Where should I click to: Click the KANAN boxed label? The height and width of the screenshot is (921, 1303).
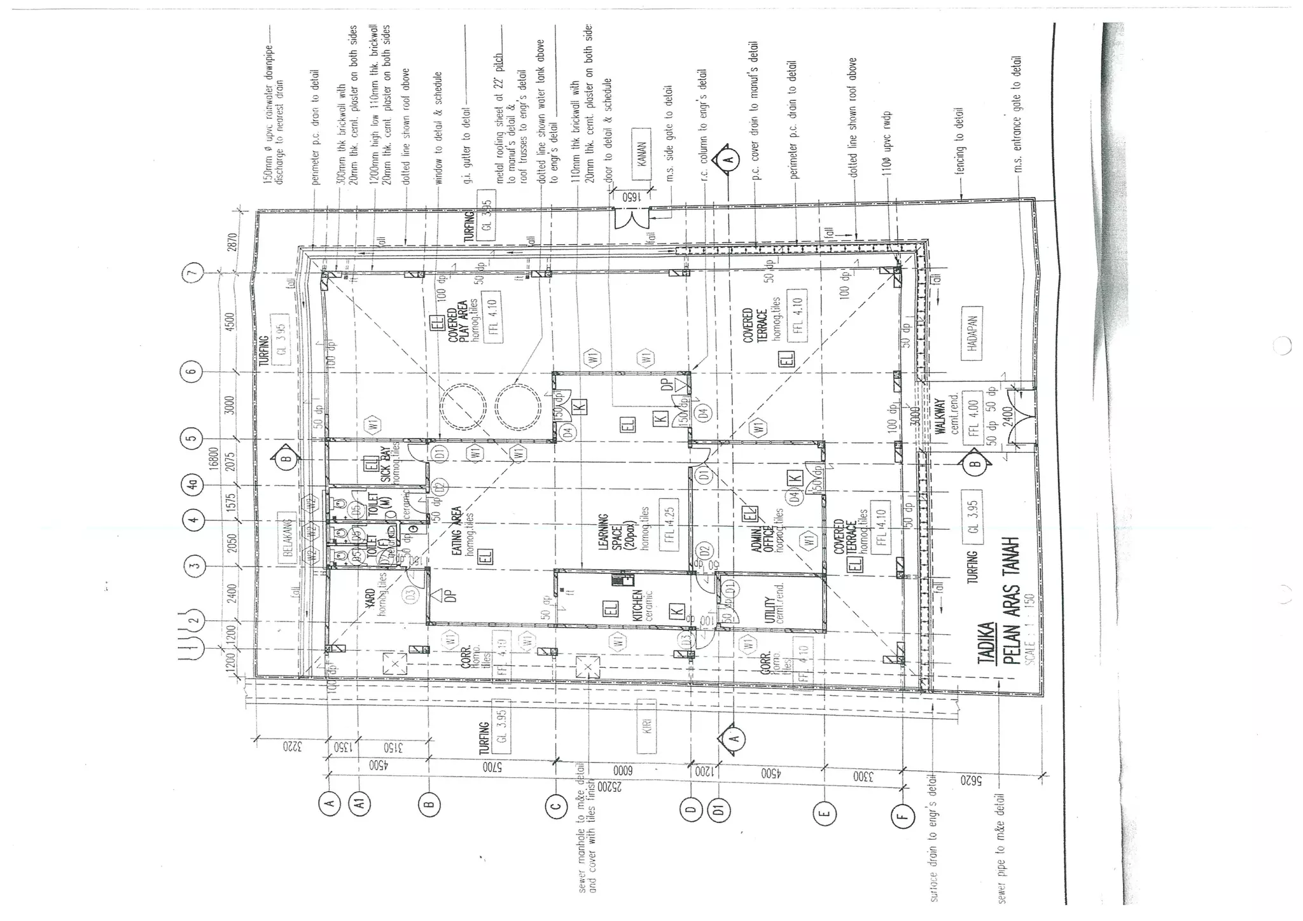[642, 155]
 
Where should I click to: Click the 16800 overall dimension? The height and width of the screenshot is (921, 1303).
[214, 458]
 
